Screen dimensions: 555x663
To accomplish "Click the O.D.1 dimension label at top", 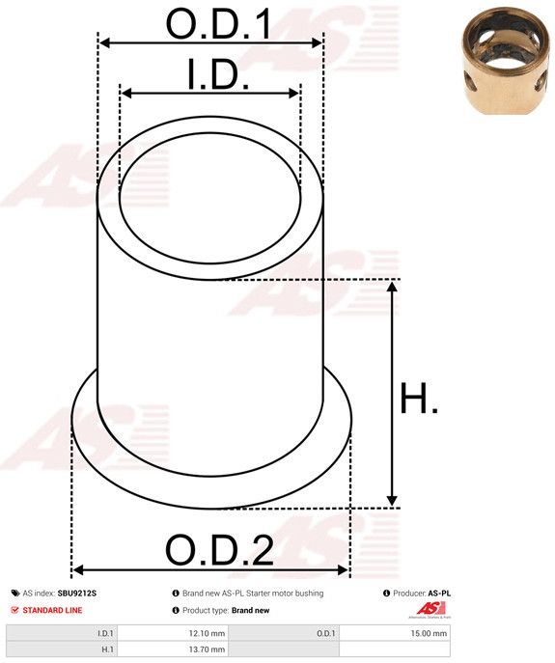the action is (218, 24).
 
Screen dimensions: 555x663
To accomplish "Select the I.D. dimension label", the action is (218, 74).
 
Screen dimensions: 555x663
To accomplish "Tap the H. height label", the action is (419, 398).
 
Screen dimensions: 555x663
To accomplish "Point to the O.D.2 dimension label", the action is (219, 550).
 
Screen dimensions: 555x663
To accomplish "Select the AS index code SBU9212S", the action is (77, 594).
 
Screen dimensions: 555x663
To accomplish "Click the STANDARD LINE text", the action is (52, 610).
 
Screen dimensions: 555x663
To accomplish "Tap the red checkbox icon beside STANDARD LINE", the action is (15, 610).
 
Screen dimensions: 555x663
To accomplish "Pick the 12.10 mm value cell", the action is (173, 633).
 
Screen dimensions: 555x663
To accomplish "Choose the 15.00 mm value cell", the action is (395, 633).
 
